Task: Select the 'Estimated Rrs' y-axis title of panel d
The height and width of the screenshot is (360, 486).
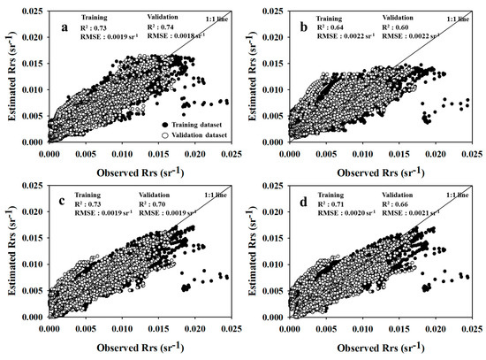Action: (261, 257)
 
